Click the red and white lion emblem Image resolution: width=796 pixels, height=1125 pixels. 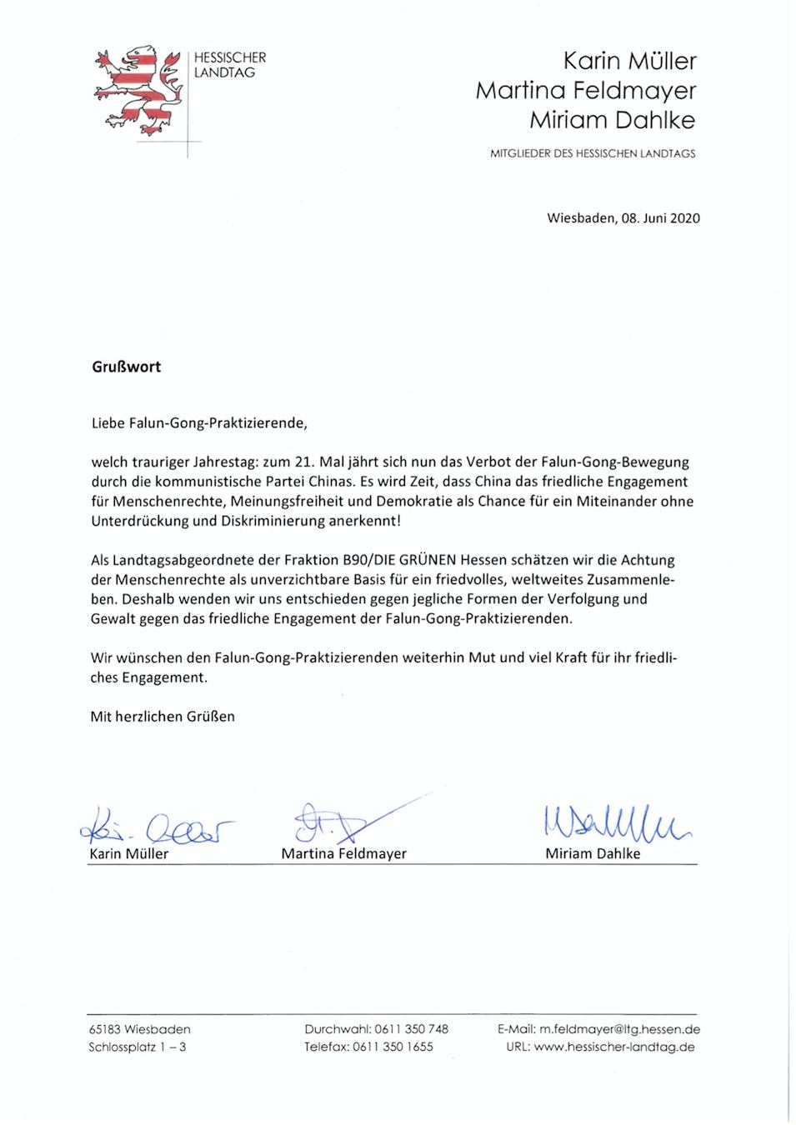pos(138,90)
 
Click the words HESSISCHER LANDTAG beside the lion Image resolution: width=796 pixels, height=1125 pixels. pos(229,65)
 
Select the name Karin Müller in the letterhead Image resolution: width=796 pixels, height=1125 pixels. pos(629,61)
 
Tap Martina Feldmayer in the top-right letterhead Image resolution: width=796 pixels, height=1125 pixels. pos(585,90)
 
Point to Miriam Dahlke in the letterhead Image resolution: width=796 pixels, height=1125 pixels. pos(612,120)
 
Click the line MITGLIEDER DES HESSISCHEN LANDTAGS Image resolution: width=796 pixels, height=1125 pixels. pos(592,153)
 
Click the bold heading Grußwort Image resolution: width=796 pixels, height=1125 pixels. pos(126,367)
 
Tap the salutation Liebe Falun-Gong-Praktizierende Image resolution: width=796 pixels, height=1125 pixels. pos(199,423)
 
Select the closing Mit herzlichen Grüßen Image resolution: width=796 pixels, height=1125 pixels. pos(163,717)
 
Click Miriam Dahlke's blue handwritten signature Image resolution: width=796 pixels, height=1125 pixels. pos(615,823)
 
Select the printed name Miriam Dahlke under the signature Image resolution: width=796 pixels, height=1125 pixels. pos(593,854)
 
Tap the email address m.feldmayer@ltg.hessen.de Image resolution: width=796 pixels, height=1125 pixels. pos(619,1029)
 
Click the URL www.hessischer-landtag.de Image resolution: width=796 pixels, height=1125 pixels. pos(614,1047)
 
